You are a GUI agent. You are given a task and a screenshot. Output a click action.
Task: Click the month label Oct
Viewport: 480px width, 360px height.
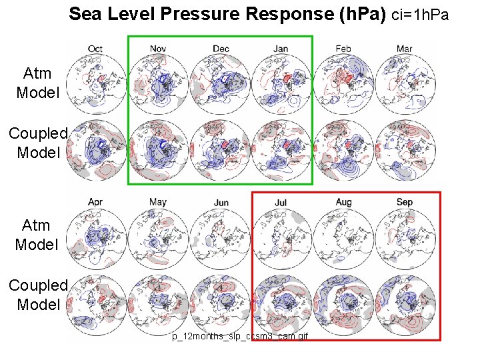tap(95, 49)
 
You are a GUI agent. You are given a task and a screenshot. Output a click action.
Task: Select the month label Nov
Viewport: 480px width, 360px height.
tap(158, 49)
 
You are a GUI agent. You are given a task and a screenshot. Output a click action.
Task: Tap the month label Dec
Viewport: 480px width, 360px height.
tap(221, 49)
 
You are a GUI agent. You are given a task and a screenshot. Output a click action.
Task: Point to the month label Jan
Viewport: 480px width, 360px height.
tap(281, 49)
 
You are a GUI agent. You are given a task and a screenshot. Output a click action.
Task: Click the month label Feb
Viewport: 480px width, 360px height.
tap(343, 49)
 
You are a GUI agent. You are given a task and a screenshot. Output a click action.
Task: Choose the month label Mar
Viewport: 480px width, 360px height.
tap(405, 49)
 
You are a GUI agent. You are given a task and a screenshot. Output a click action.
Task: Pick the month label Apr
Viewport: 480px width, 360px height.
tap(95, 202)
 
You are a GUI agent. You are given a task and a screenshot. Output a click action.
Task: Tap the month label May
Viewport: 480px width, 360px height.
tap(158, 202)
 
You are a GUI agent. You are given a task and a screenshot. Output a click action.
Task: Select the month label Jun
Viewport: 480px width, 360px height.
tap(221, 203)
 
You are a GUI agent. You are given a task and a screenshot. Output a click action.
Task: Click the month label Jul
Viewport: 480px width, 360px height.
tap(281, 202)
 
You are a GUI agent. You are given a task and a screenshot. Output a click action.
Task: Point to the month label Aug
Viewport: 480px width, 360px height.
tap(343, 202)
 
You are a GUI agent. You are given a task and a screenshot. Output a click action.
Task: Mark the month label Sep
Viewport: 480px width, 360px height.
tap(405, 202)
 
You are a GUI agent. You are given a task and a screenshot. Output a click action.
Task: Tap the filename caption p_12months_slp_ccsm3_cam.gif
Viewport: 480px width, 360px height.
tap(239, 337)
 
